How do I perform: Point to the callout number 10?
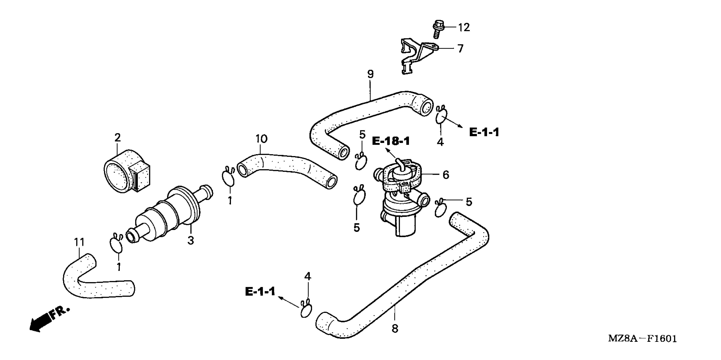click(x=261, y=139)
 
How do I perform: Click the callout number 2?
click(x=118, y=138)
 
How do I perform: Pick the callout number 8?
click(x=395, y=329)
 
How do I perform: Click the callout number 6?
click(x=446, y=175)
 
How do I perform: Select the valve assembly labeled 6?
click(x=400, y=196)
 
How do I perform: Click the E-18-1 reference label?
click(x=391, y=141)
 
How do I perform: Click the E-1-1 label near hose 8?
click(x=260, y=291)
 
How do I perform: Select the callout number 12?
click(x=464, y=27)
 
